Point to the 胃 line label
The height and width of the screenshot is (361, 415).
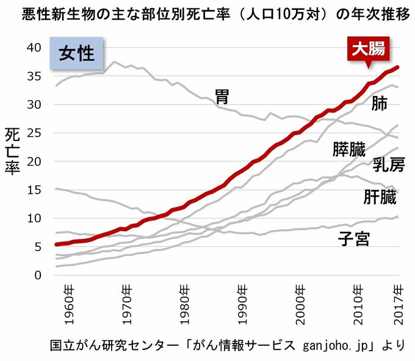click(x=223, y=95)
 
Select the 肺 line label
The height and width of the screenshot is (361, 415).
click(x=379, y=103)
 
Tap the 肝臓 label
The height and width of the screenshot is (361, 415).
click(x=380, y=197)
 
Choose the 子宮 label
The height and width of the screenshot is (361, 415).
click(x=355, y=238)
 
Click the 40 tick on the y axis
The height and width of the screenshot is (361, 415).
click(x=34, y=48)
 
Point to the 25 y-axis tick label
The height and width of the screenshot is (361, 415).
click(x=34, y=133)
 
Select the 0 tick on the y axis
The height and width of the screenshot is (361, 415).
click(x=38, y=275)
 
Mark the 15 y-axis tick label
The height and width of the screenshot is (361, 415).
click(x=34, y=190)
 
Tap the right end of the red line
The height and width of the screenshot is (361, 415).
click(x=399, y=67)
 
